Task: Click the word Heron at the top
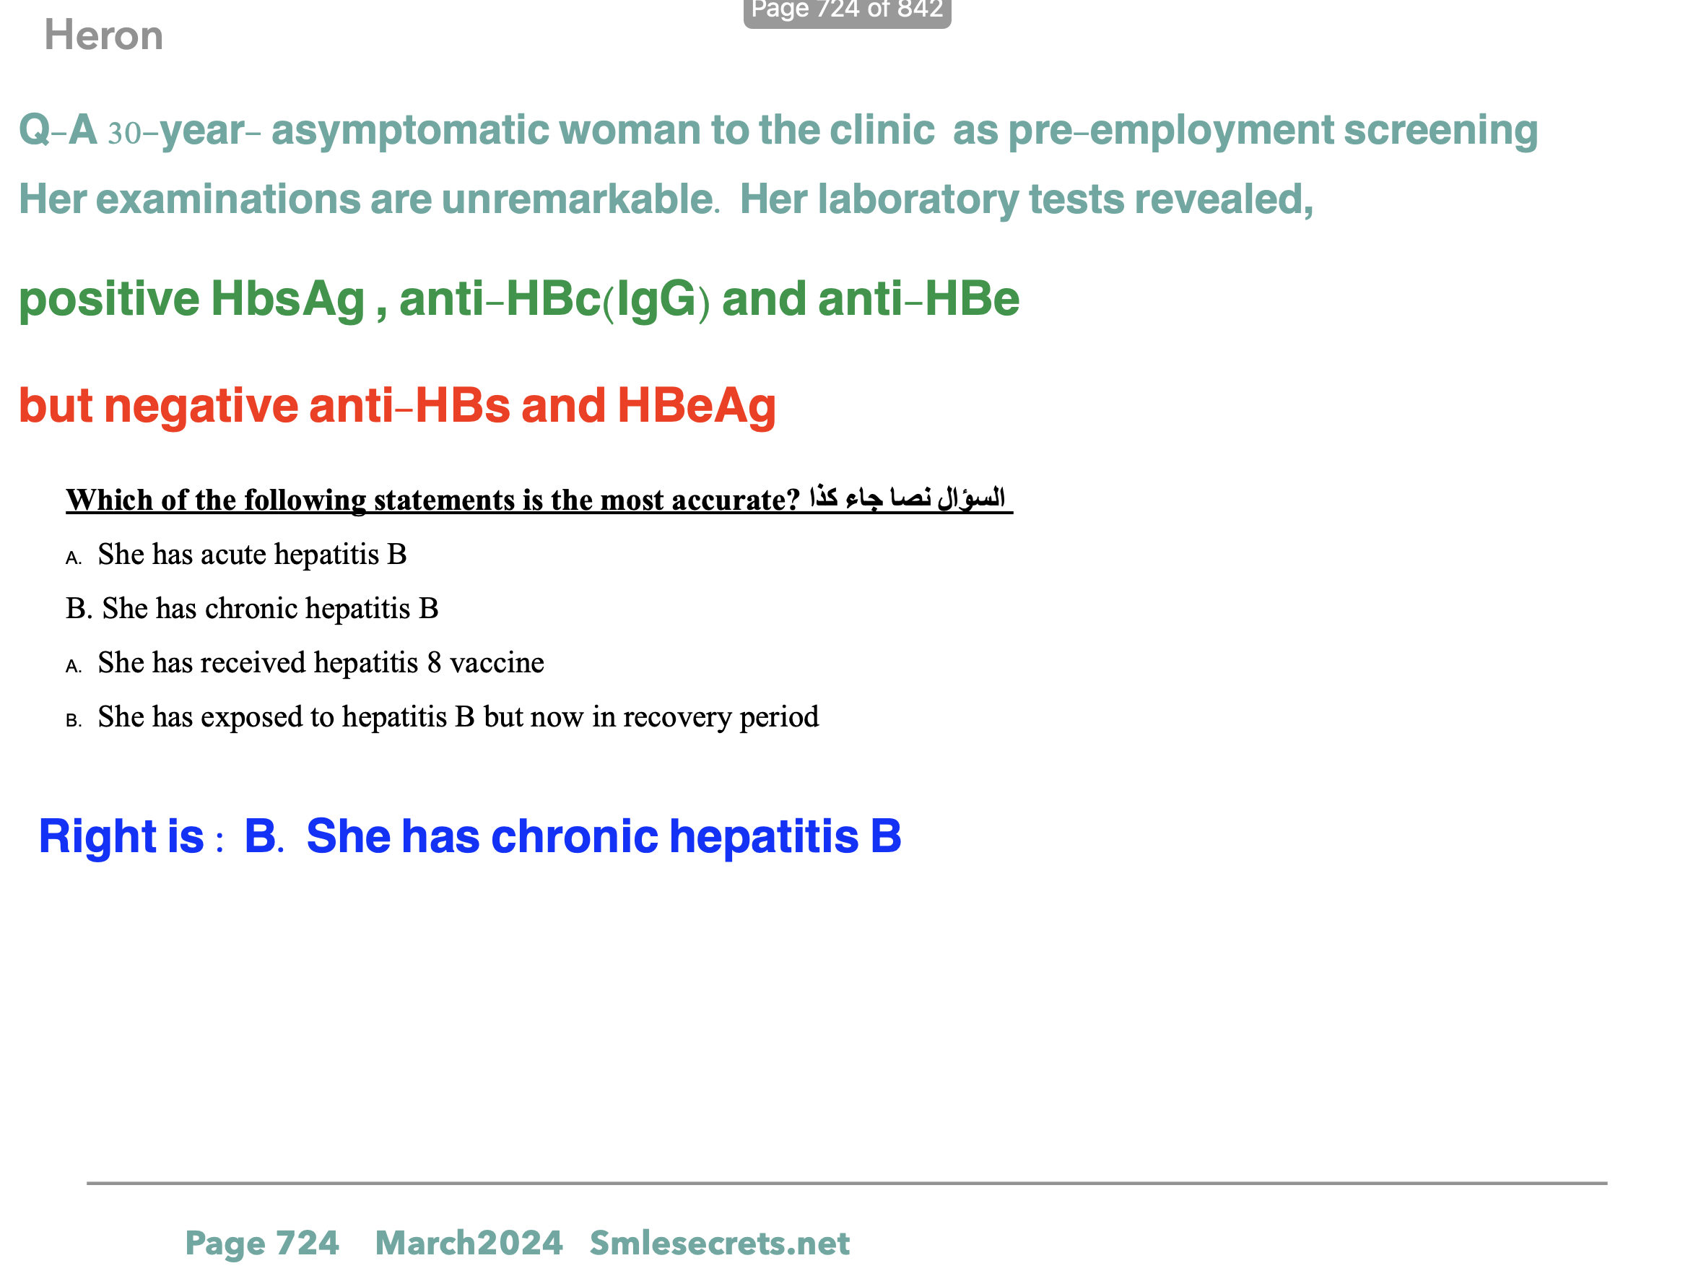click(x=104, y=36)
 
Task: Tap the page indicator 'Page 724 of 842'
click(x=847, y=11)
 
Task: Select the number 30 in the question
click(x=124, y=133)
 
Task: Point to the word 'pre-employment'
click(x=1170, y=130)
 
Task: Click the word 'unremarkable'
click(x=578, y=199)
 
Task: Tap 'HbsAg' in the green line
click(x=287, y=298)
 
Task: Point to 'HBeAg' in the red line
click(x=696, y=405)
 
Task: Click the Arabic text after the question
click(x=907, y=498)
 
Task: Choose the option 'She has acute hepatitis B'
click(x=252, y=554)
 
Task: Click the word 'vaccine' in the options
click(x=497, y=663)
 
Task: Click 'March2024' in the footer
click(x=469, y=1243)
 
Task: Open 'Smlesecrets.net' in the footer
click(x=719, y=1243)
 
